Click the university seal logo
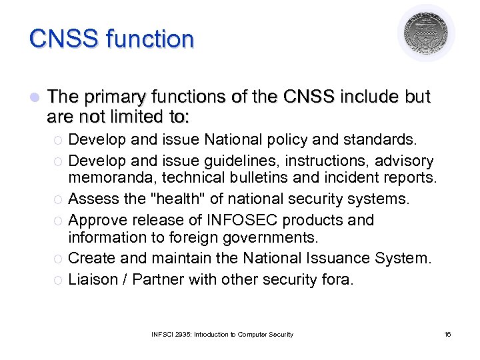[x=427, y=33]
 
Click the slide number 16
[x=447, y=334]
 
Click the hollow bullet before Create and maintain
[x=59, y=259]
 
